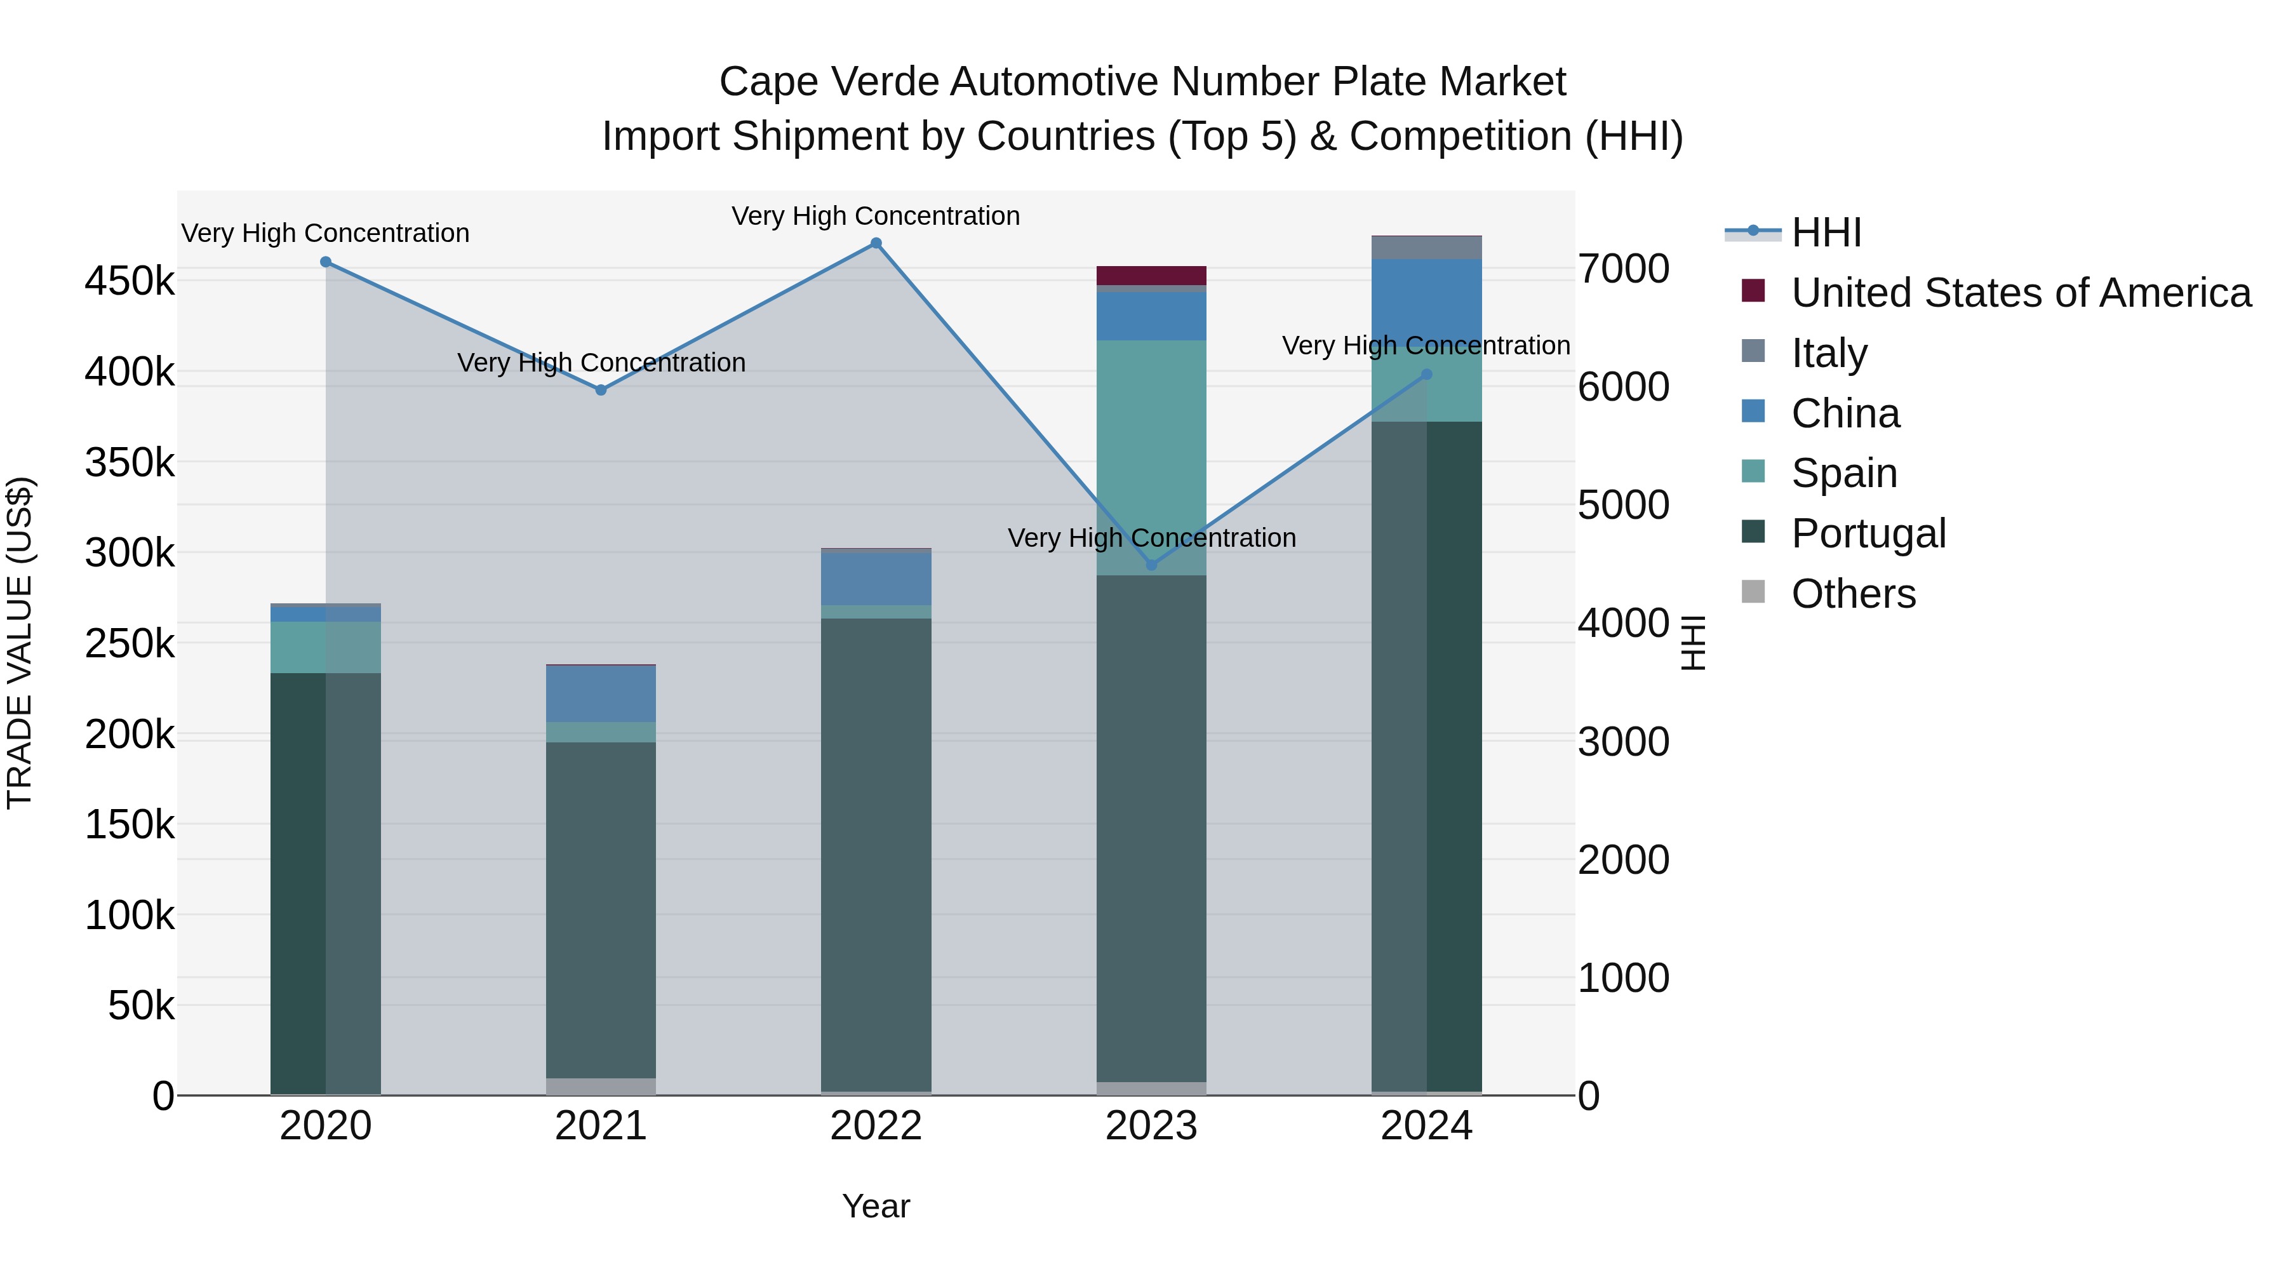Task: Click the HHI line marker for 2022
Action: tap(876, 243)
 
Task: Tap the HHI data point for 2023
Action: tap(1152, 565)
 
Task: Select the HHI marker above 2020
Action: tap(326, 262)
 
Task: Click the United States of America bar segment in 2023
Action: tap(1151, 275)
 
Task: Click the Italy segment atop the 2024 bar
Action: tap(1426, 248)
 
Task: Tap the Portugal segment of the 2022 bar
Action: tap(876, 852)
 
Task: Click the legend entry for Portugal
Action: tap(1868, 533)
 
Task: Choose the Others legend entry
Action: tap(1853, 594)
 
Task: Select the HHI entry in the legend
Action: tap(1826, 232)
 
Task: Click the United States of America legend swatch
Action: tap(1753, 291)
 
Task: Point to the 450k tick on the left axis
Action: tap(130, 281)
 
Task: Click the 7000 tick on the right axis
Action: tap(1623, 269)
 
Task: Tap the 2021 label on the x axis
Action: tap(601, 1126)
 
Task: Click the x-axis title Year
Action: tap(876, 1206)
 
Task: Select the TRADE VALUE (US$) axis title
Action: tap(20, 643)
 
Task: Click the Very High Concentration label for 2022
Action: tap(876, 216)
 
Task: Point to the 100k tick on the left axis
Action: tap(130, 915)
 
